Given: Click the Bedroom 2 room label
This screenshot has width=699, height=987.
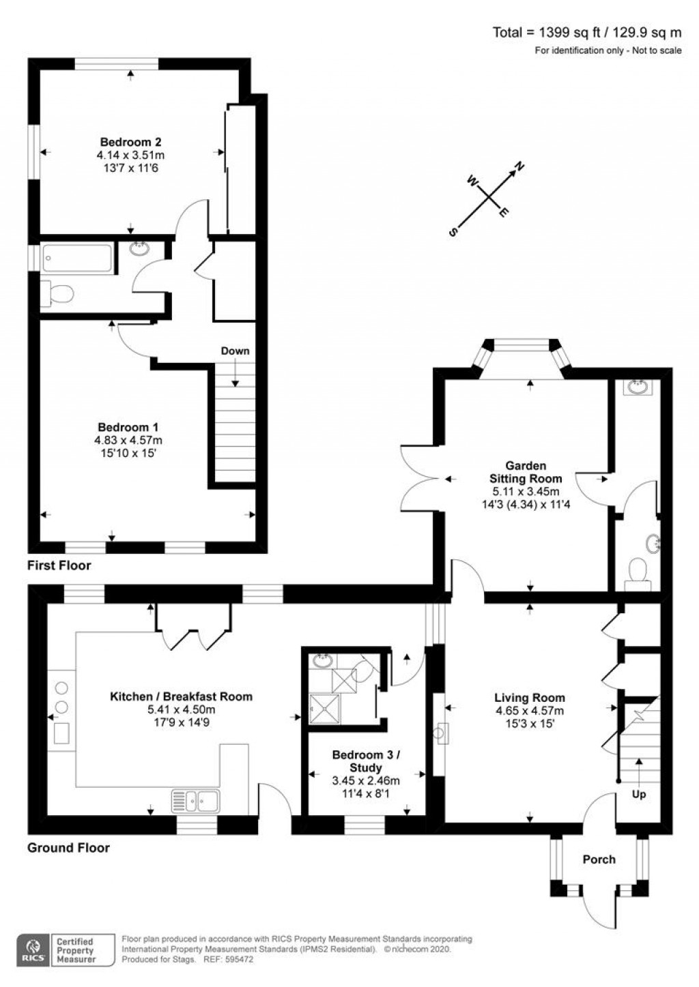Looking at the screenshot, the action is (x=130, y=142).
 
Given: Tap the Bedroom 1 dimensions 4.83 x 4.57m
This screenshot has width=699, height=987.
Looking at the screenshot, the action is (x=128, y=440).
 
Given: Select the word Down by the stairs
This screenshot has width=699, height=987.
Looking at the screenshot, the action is (x=235, y=351).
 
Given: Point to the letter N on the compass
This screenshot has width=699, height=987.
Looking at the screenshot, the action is (x=520, y=166).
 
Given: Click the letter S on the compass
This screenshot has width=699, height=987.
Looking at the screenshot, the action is (x=453, y=232).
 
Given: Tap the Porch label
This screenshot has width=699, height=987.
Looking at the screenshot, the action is (x=599, y=859).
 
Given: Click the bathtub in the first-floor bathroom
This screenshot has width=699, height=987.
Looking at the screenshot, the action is (x=78, y=258).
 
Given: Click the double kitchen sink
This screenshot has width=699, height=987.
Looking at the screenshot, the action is (x=195, y=801).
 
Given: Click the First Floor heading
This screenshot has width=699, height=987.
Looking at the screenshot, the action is (x=59, y=565).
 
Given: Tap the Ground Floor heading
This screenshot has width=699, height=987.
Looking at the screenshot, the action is (x=68, y=848).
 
